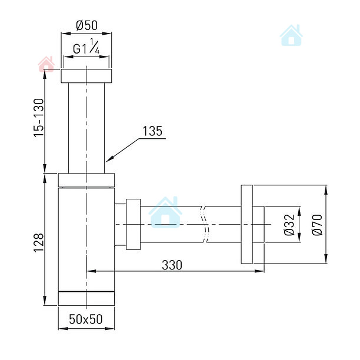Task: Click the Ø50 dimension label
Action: click(x=86, y=26)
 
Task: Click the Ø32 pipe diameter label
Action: click(x=289, y=225)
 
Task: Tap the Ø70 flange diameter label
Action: click(x=316, y=225)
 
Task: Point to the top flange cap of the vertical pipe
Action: click(x=86, y=76)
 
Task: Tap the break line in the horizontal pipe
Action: click(x=204, y=225)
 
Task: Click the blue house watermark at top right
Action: click(x=291, y=35)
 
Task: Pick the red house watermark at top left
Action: click(x=46, y=64)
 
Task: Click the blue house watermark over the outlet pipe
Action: click(x=165, y=212)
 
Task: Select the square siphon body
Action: click(x=86, y=241)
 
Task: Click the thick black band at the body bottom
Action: click(x=86, y=291)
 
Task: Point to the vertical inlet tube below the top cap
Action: click(x=86, y=126)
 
